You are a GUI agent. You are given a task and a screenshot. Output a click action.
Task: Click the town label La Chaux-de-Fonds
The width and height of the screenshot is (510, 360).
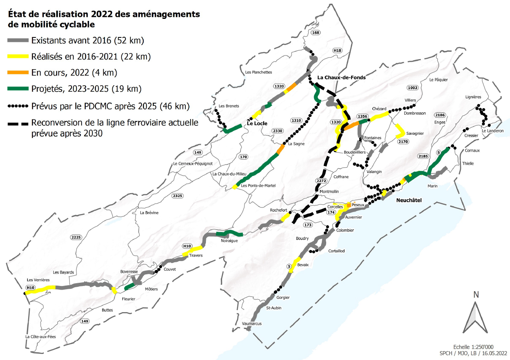pos(341,77)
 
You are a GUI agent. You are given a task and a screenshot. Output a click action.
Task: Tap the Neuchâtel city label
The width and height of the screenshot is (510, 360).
pos(409,200)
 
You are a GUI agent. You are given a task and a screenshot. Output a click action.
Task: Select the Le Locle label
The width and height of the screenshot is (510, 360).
pos(257,123)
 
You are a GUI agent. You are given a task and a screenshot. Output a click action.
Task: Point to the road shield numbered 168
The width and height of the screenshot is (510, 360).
pos(316,33)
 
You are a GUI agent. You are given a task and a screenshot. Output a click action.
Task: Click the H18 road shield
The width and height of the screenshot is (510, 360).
pos(337,51)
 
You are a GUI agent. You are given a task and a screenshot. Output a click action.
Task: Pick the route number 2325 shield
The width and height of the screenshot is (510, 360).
pos(177,196)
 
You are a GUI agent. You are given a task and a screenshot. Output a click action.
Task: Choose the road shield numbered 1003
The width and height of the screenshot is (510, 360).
pos(413,88)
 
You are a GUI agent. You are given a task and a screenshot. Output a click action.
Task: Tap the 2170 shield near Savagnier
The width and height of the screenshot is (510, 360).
pos(403,142)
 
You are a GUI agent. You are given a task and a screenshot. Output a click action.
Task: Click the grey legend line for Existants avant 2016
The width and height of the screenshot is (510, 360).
pos(18,41)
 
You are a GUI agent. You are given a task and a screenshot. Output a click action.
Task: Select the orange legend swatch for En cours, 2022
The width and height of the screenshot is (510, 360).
pos(18,73)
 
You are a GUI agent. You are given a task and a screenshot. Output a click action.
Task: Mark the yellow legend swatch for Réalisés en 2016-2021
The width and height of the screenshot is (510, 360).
pos(18,57)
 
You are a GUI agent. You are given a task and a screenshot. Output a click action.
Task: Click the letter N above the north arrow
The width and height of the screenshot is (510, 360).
pos(476,294)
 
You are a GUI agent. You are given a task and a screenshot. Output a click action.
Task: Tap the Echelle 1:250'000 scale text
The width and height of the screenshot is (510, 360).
pos(473,347)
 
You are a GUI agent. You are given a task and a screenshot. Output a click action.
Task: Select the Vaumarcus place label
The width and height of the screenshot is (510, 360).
pos(252,324)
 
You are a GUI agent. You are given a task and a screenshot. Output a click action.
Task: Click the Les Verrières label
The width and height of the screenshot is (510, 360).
pos(38,280)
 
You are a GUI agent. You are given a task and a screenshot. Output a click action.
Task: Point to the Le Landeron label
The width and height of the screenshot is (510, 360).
pos(492,131)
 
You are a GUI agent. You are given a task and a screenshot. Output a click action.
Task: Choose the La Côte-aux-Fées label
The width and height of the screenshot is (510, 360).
pos(41,337)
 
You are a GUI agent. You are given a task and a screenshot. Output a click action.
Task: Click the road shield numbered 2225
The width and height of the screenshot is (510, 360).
pos(76,237)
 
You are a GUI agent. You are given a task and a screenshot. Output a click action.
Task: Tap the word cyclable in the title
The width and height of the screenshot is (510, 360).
pos(76,25)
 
